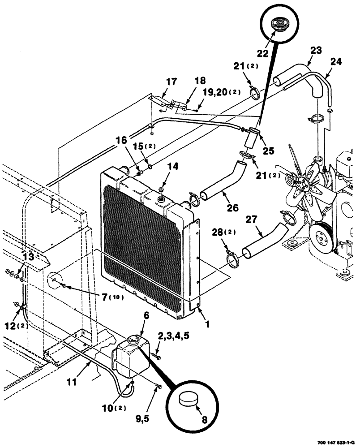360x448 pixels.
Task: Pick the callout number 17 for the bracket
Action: [172, 82]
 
